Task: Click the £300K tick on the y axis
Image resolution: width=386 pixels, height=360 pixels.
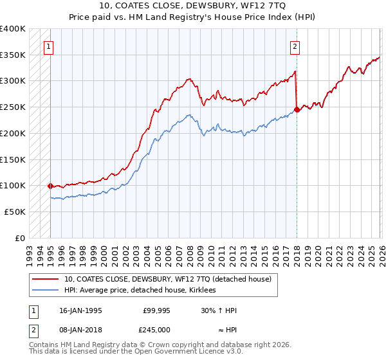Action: tap(13, 81)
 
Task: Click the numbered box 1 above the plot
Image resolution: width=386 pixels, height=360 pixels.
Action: tap(50, 46)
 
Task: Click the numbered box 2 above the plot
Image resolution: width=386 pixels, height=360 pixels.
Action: tap(294, 46)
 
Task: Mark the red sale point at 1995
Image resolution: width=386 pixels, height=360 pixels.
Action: tap(50, 186)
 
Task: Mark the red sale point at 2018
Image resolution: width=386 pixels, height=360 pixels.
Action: tap(296, 109)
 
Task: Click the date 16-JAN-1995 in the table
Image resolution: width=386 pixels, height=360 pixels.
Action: tap(80, 310)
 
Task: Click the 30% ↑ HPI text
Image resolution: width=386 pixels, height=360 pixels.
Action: tap(219, 310)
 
